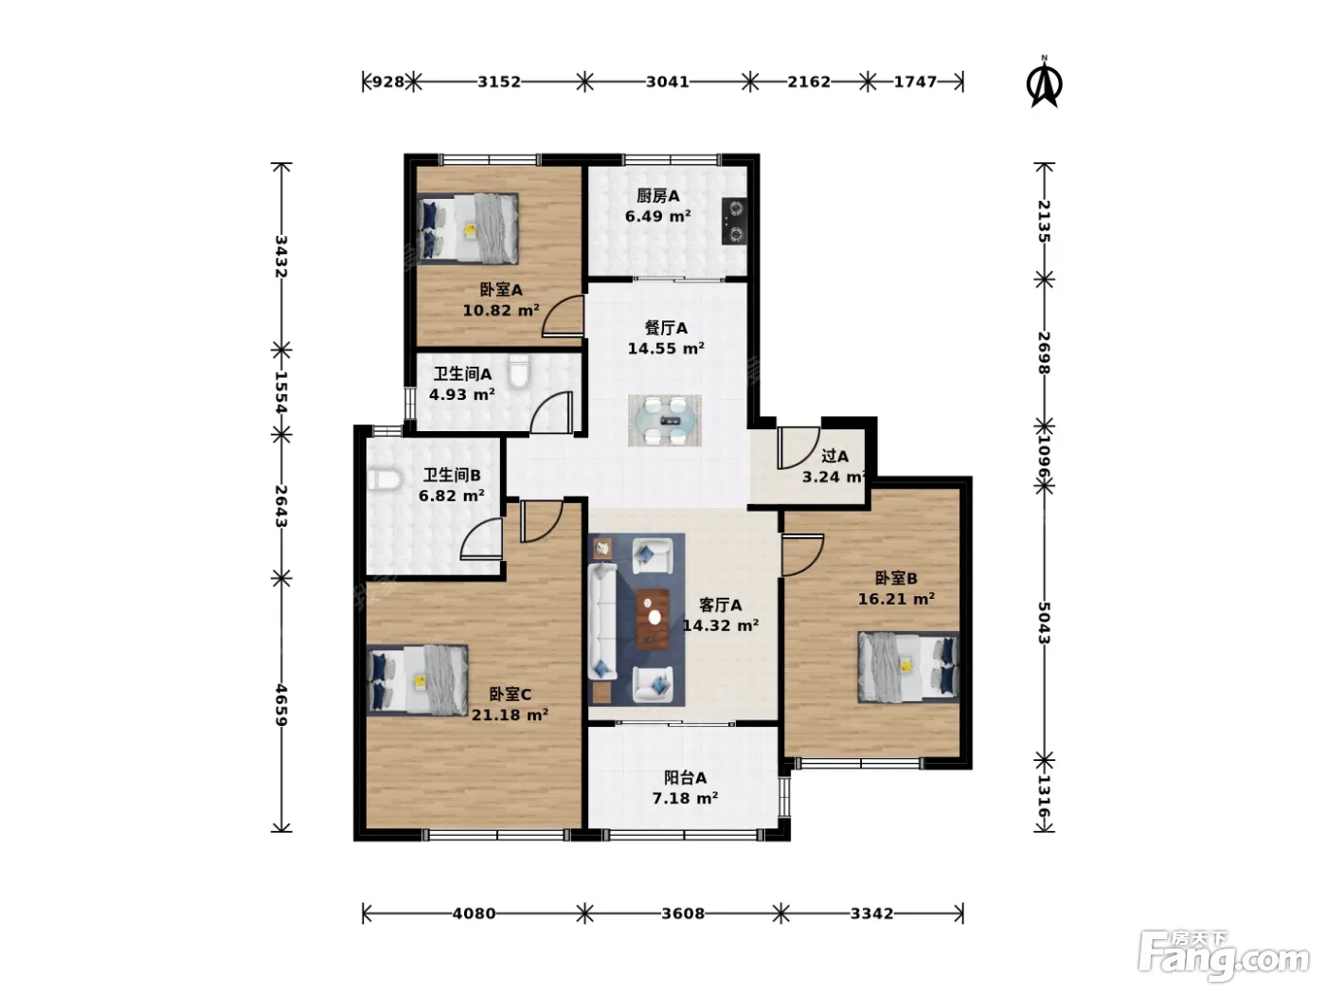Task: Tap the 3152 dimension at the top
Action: click(498, 81)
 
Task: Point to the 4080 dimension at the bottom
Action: click(474, 914)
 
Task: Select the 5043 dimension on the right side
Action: click(1044, 623)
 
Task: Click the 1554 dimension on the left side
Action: click(281, 392)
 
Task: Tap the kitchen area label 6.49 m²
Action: click(657, 216)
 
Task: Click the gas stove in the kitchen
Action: click(733, 221)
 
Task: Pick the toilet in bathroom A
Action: click(518, 371)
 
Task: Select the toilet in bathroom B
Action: click(385, 480)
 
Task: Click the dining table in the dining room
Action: click(665, 421)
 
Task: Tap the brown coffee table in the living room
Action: click(653, 619)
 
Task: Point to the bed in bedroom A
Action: click(468, 228)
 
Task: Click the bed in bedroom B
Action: click(908, 667)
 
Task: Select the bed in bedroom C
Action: click(418, 680)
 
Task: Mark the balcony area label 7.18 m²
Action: click(685, 799)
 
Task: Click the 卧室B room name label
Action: click(896, 578)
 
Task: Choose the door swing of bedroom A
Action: click(563, 316)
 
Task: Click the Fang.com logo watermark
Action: click(1224, 957)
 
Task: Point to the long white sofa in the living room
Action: click(602, 621)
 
